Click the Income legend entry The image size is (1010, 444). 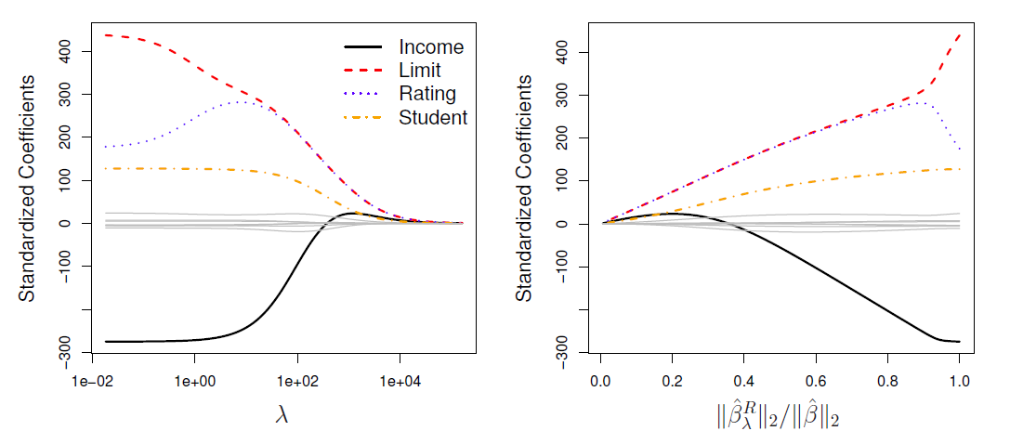(431, 46)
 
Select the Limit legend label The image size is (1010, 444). (420, 70)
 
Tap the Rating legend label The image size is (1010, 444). (426, 94)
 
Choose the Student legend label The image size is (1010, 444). (433, 117)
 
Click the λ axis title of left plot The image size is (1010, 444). (282, 416)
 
